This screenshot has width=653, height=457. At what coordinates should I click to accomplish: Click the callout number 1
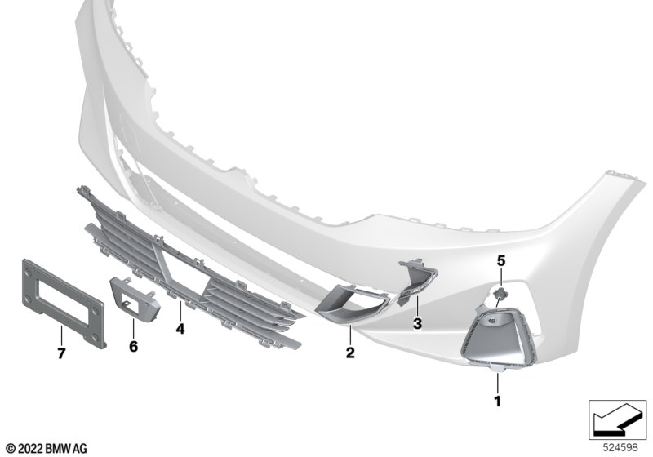(x=497, y=402)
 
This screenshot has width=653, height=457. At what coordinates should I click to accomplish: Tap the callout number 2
(x=350, y=353)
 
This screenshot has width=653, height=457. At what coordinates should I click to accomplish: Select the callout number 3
(x=417, y=323)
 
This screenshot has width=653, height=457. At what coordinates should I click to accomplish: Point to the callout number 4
(x=180, y=329)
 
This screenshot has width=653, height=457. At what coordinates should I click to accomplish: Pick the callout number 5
(x=501, y=261)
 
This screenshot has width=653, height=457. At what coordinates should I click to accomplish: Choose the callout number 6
(x=133, y=346)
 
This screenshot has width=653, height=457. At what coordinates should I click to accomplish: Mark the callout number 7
(x=61, y=354)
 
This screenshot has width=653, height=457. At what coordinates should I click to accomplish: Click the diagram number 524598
(x=620, y=447)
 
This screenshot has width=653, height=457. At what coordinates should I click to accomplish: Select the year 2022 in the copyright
(x=30, y=449)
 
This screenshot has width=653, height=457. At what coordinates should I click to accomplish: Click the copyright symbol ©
(x=11, y=449)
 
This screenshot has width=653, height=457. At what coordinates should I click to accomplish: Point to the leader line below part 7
(x=61, y=336)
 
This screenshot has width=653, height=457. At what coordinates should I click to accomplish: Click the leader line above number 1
(x=497, y=384)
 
